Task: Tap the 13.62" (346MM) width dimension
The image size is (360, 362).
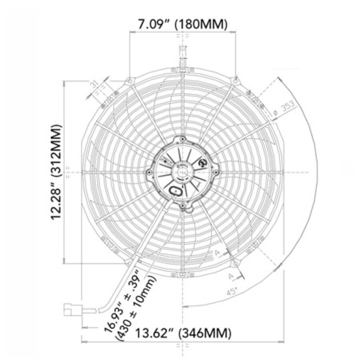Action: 183,332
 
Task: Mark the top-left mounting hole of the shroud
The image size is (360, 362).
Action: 129,81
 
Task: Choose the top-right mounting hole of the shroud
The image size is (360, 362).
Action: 235,81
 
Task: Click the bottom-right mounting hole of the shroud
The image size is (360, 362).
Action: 235,262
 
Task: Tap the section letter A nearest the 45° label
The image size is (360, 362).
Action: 231,276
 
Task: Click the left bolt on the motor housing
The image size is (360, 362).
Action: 149,172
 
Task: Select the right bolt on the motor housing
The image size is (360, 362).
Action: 216,172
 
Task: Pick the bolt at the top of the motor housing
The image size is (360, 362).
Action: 183,139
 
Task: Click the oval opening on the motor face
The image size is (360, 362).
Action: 176,191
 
